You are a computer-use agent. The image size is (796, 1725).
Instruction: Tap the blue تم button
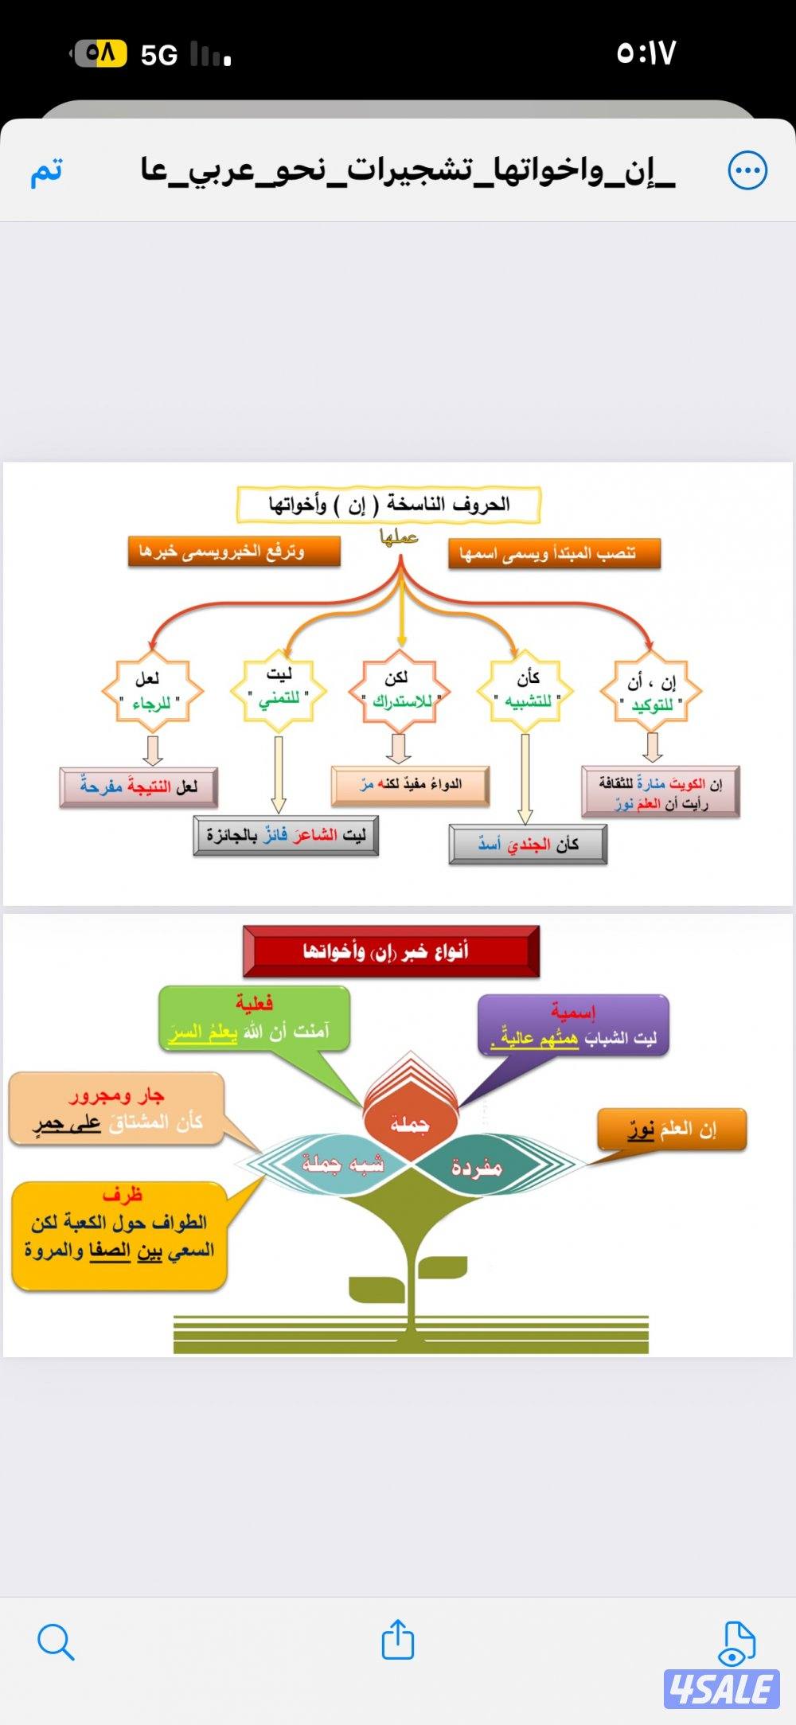pyautogui.click(x=47, y=171)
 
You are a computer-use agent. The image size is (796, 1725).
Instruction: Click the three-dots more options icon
pyautogui.click(x=747, y=170)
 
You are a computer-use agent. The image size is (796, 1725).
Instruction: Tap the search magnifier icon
pyautogui.click(x=56, y=1641)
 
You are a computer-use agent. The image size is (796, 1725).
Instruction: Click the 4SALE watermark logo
pyautogui.click(x=721, y=1689)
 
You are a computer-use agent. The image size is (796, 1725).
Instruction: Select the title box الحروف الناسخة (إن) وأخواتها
pyautogui.click(x=388, y=505)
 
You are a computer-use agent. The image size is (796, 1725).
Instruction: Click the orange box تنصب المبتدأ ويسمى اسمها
pyautogui.click(x=554, y=553)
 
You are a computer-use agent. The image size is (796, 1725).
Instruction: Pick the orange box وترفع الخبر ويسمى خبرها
pyautogui.click(x=234, y=551)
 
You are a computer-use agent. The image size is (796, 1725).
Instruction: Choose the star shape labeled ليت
pyautogui.click(x=279, y=688)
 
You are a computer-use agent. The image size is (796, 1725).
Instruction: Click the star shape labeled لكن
pyautogui.click(x=399, y=689)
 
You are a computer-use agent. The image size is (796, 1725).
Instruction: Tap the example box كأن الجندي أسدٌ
pyautogui.click(x=528, y=845)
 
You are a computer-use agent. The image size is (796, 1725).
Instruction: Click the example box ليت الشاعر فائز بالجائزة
pyautogui.click(x=286, y=836)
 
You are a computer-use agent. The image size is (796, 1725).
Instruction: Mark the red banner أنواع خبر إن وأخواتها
pyautogui.click(x=391, y=951)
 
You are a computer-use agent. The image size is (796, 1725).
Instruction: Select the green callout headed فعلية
pyautogui.click(x=255, y=1019)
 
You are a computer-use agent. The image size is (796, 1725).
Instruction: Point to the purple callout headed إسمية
pyautogui.click(x=573, y=1025)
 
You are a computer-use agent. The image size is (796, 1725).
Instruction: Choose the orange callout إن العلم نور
pyautogui.click(x=673, y=1129)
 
